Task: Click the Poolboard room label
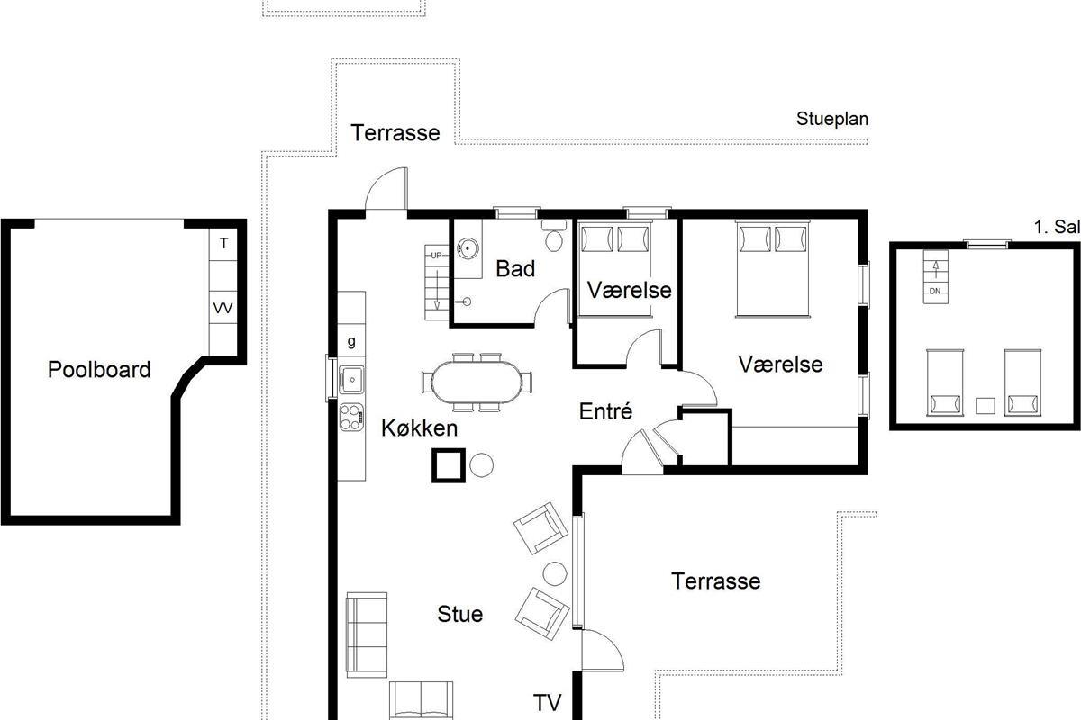(99, 369)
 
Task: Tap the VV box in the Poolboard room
(223, 307)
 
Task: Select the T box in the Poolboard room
(223, 245)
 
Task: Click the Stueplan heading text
(832, 119)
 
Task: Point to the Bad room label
(515, 268)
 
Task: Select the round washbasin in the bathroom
(468, 248)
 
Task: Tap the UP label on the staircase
(436, 255)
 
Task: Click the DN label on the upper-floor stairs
(935, 292)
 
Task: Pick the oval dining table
(477, 382)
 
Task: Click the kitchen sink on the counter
(351, 380)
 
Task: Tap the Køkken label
(419, 428)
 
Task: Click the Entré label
(605, 411)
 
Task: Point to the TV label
(548, 703)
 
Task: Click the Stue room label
(460, 614)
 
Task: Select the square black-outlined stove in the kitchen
(449, 465)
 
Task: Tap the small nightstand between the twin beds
(985, 406)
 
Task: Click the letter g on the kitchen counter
(351, 342)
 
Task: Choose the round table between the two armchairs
(555, 573)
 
